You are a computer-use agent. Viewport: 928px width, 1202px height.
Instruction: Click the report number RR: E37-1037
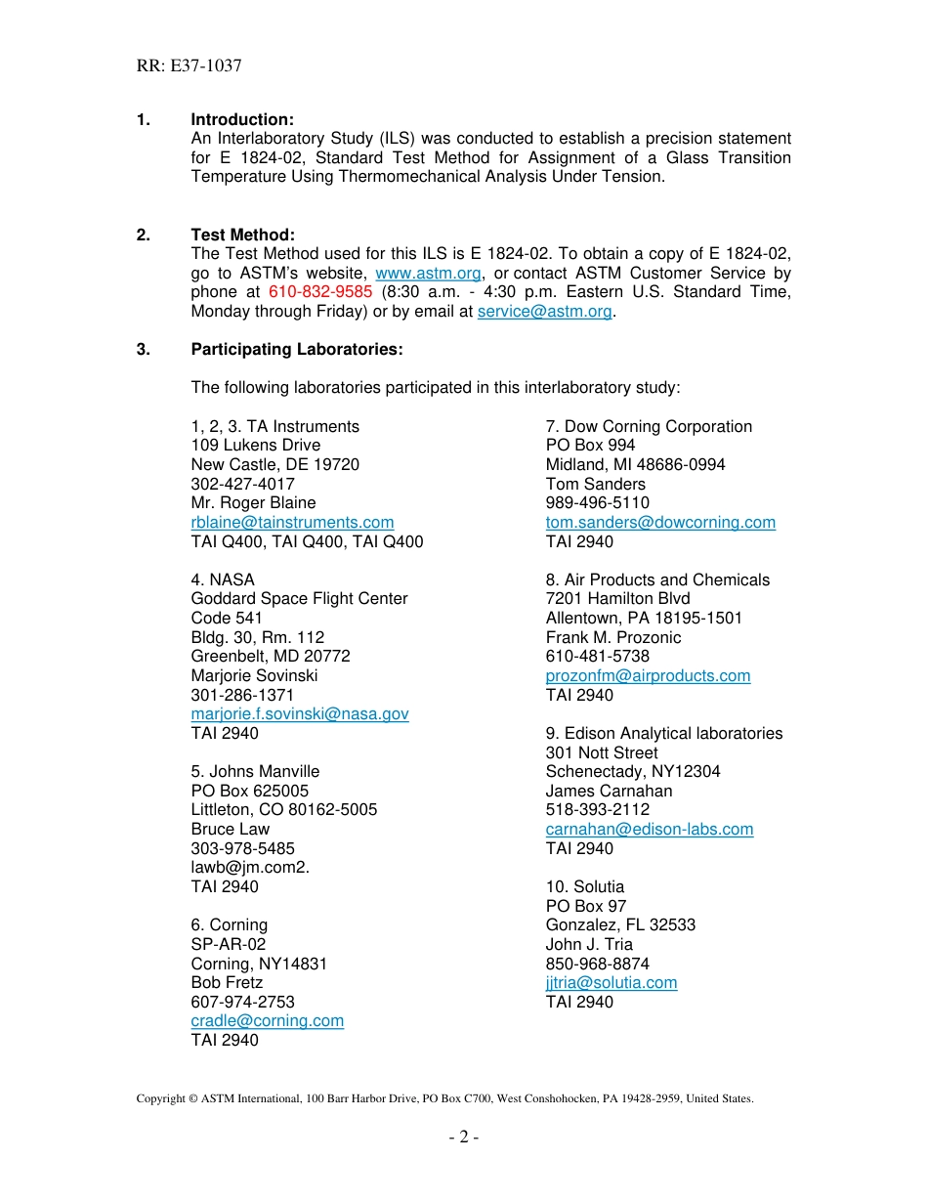pyautogui.click(x=189, y=66)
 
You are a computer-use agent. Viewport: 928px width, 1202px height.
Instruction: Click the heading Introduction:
pyautogui.click(x=242, y=119)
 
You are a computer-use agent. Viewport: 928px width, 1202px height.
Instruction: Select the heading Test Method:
pyautogui.click(x=242, y=235)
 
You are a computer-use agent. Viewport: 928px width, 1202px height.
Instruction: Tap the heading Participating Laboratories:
pyautogui.click(x=297, y=349)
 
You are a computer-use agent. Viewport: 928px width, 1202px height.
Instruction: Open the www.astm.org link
pyautogui.click(x=428, y=274)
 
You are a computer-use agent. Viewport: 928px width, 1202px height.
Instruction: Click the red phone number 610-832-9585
pyautogui.click(x=320, y=292)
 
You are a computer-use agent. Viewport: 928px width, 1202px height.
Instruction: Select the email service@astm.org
pyautogui.click(x=544, y=312)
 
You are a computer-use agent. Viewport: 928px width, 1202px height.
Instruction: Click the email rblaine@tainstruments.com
pyautogui.click(x=292, y=523)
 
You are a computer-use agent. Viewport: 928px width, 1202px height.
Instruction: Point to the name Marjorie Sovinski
pyautogui.click(x=254, y=675)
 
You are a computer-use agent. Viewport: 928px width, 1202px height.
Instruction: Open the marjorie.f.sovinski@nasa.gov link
pyautogui.click(x=300, y=714)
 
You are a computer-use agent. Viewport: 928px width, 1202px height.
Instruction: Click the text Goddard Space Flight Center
pyautogui.click(x=299, y=598)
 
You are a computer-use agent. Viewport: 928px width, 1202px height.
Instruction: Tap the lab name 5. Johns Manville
pyautogui.click(x=255, y=771)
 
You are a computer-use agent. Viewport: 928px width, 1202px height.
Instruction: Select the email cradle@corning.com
pyautogui.click(x=267, y=1020)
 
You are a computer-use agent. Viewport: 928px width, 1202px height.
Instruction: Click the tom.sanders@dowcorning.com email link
pyautogui.click(x=660, y=523)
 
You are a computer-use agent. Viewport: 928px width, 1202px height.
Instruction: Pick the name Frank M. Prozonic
pyautogui.click(x=613, y=637)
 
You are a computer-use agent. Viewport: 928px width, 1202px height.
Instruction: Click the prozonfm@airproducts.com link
pyautogui.click(x=648, y=675)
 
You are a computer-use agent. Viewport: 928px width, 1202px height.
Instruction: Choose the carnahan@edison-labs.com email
pyautogui.click(x=650, y=829)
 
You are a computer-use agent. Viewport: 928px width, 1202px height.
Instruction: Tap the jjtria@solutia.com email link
pyautogui.click(x=611, y=982)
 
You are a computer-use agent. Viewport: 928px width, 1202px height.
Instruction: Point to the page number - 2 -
pyautogui.click(x=464, y=1137)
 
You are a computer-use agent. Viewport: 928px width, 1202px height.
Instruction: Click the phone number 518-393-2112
pyautogui.click(x=597, y=809)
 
